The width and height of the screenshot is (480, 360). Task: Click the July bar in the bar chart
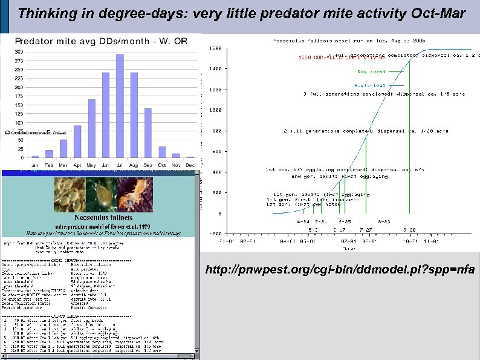point(120,106)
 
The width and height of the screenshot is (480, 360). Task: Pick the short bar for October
point(162,152)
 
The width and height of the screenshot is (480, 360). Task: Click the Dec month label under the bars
point(190,164)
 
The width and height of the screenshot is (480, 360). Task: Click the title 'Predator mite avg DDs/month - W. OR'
point(101,41)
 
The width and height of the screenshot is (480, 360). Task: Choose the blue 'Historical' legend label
point(369,85)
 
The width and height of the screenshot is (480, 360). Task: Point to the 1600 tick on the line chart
point(215,48)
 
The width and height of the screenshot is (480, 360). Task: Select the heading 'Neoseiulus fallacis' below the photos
point(100,217)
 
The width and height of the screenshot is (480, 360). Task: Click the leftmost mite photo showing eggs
point(70,192)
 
